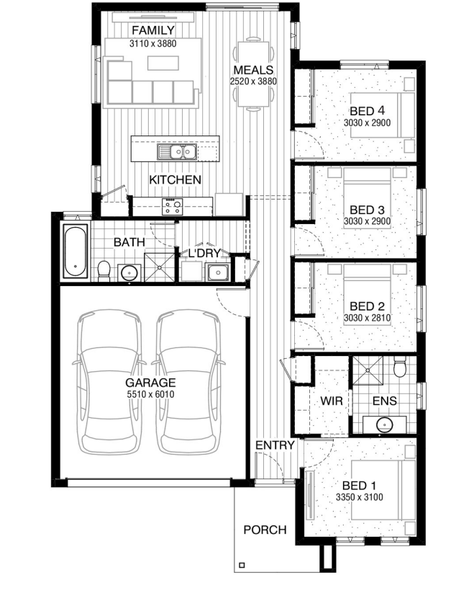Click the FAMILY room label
pyautogui.click(x=152, y=30)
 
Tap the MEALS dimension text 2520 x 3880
pyautogui.click(x=253, y=81)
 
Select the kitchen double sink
pyautogui.click(x=177, y=152)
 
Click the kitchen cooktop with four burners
pyautogui.click(x=173, y=207)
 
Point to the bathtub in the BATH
pyautogui.click(x=76, y=251)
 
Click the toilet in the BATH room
pyautogui.click(x=104, y=271)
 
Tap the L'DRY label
pyautogui.click(x=204, y=253)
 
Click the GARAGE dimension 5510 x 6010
pyautogui.click(x=150, y=394)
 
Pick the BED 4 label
pyautogui.click(x=367, y=111)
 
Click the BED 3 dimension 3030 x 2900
pyautogui.click(x=367, y=221)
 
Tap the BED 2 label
pyautogui.click(x=367, y=306)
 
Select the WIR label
pyautogui.click(x=332, y=401)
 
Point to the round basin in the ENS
pyautogui.click(x=385, y=424)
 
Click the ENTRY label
pyautogui.click(x=275, y=445)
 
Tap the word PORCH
pyautogui.click(x=265, y=530)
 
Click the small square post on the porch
pyautogui.click(x=242, y=566)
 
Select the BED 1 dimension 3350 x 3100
pyautogui.click(x=359, y=497)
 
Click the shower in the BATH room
pyautogui.click(x=160, y=267)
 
